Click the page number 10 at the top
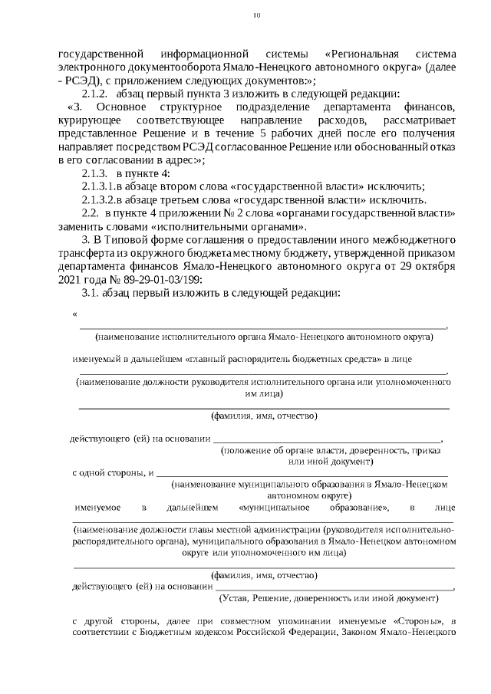[x=257, y=15]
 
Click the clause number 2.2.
[x=91, y=214]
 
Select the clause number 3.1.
[x=92, y=294]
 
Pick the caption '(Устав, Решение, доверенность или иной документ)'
[x=328, y=597]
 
